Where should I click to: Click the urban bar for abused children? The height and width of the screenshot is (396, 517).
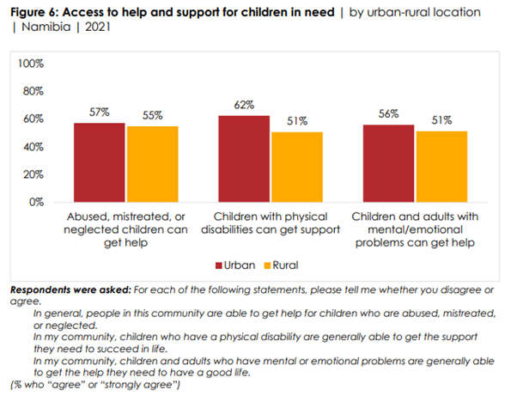[x=100, y=162]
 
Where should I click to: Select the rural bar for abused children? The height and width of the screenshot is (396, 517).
[x=153, y=164]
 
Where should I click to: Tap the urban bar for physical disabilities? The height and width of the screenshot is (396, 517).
[x=244, y=159]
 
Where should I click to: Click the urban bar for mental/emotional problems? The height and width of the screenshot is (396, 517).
[x=388, y=163]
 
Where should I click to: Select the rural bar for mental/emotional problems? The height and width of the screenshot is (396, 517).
[x=441, y=167]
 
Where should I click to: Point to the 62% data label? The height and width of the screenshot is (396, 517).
[x=244, y=105]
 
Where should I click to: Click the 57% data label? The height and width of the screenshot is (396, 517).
[x=100, y=113]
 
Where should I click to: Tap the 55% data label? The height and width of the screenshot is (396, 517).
[x=153, y=115]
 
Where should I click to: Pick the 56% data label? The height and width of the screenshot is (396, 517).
[x=388, y=114]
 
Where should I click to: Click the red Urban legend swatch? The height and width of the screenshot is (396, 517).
[x=219, y=265]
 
